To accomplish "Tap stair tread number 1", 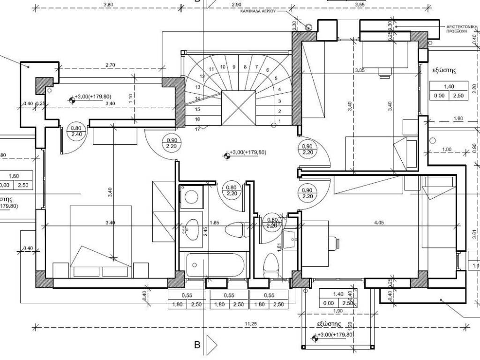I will click(x=279, y=121).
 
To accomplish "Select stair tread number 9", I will click(x=234, y=67).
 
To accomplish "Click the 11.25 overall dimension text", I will click(x=250, y=323).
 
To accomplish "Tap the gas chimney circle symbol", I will click(x=308, y=27).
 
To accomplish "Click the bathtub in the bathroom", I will click(x=215, y=265).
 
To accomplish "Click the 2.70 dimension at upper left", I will click(x=111, y=65).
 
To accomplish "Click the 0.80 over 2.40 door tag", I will click(x=76, y=131).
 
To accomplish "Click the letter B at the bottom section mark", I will click(x=197, y=345).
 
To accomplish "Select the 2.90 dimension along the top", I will click(x=236, y=4).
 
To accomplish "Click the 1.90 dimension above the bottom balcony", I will click(x=337, y=311).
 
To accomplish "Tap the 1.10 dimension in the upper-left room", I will click(x=131, y=98).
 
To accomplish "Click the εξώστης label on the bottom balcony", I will click(x=329, y=324).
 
